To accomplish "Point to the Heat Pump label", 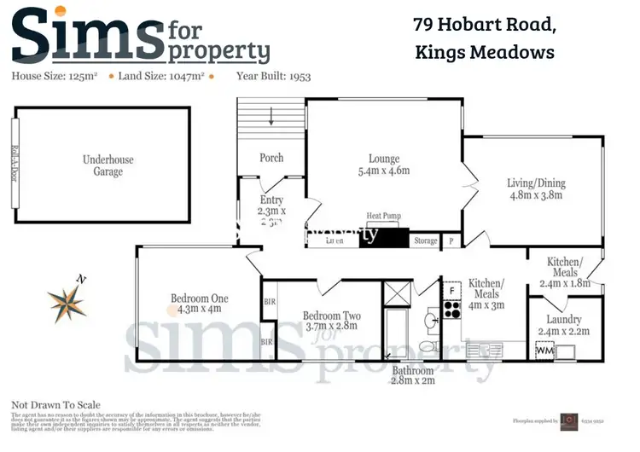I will pos(383,217).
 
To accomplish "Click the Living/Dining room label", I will pos(536,189).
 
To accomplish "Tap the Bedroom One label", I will pos(199,304).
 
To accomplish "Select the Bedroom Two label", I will pos(332,321).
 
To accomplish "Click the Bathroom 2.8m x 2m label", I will pos(412,377).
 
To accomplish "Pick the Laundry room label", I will pos(564,326).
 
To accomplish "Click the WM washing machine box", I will pos(543,351).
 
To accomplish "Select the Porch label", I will pos(271,158).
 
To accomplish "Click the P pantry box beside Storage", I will pos(451,241).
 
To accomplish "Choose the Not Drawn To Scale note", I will pos(55,405).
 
